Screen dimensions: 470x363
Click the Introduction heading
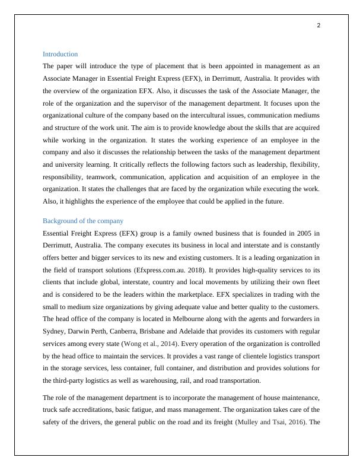point(60,54)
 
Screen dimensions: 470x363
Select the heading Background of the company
point(82,221)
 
